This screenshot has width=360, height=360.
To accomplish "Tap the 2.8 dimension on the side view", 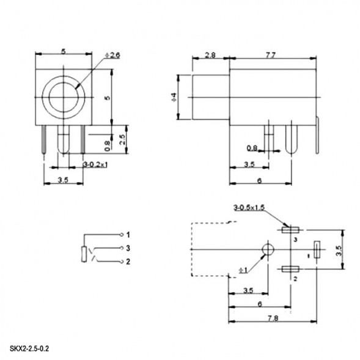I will click(x=210, y=54).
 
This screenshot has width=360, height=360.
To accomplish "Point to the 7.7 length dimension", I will click(x=271, y=54).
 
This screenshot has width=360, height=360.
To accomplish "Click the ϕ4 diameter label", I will click(x=174, y=97).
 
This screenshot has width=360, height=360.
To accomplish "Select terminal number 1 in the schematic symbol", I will click(x=128, y=235).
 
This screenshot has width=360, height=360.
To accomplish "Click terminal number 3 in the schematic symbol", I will click(x=128, y=248).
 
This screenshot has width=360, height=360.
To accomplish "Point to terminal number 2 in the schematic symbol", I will click(x=128, y=262).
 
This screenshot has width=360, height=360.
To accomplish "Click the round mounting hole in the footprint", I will click(x=267, y=249).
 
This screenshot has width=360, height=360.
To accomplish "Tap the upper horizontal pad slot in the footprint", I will click(x=289, y=230).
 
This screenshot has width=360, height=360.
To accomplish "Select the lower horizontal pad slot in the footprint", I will click(x=289, y=269).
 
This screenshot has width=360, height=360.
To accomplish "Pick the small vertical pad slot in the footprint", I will click(x=317, y=249).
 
